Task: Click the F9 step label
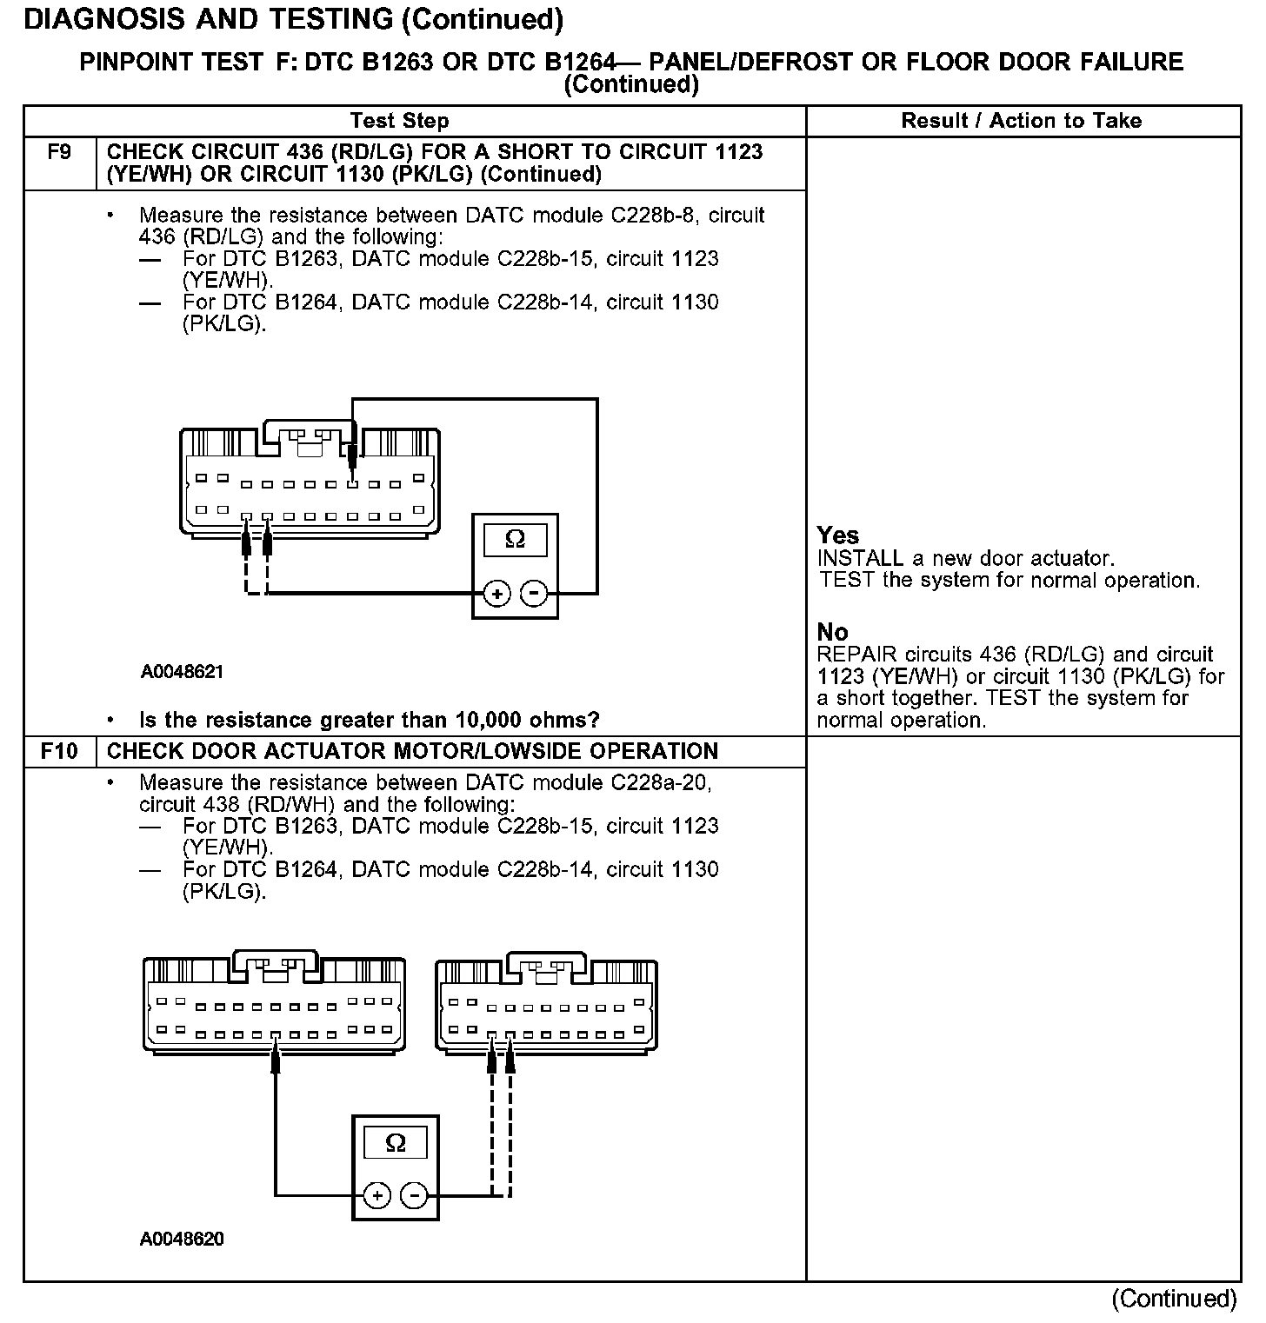[59, 152]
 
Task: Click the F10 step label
[59, 751]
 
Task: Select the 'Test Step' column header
[399, 121]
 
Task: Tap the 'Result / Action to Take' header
[1022, 121]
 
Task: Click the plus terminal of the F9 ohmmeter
[496, 594]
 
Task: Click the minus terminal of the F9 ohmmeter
[534, 594]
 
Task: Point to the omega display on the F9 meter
[515, 540]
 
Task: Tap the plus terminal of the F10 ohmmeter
[376, 1196]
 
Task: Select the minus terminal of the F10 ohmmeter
[414, 1196]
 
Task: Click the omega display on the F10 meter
[396, 1142]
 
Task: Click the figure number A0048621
[182, 672]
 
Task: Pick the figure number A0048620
[182, 1239]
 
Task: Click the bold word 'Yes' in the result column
[838, 535]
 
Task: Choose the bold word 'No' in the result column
[832, 632]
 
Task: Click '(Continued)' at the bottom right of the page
[1174, 1299]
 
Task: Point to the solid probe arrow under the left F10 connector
[276, 1059]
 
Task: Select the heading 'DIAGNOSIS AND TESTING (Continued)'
[293, 19]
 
